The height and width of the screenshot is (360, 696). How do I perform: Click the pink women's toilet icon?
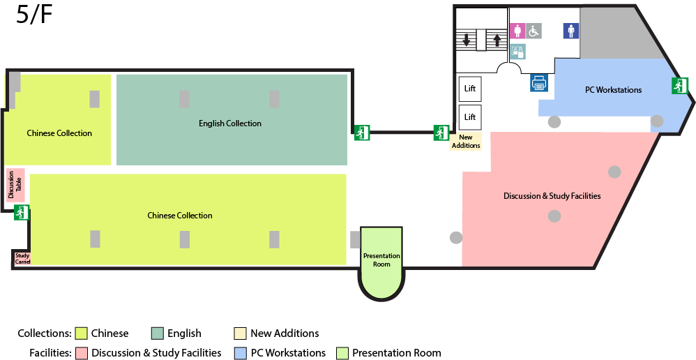coord(517,31)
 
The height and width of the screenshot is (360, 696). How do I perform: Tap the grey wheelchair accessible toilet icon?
coord(534,31)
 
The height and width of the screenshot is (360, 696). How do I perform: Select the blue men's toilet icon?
coord(571,31)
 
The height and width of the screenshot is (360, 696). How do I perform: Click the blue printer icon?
coord(538,83)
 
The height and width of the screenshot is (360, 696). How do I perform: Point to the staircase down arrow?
coord(466,40)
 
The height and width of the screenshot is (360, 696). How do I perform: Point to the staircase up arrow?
coord(497,40)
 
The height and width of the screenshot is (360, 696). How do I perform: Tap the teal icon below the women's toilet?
coord(517,51)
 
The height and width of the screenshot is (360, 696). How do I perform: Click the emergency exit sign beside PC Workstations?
coord(680,86)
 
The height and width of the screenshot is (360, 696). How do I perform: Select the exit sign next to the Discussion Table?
coord(22,212)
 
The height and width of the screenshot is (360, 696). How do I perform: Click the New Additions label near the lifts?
coord(466,142)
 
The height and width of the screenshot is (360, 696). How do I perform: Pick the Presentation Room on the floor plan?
coord(381,260)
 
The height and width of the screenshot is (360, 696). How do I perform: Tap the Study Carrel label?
coord(22,259)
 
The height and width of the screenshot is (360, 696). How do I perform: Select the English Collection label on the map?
coord(230,123)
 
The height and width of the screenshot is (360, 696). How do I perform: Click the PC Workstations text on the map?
coord(613,90)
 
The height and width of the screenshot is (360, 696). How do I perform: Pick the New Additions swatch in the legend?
coord(241,333)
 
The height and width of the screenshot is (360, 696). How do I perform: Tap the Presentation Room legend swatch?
coord(342,353)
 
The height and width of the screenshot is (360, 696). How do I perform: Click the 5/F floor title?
coord(34,15)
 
